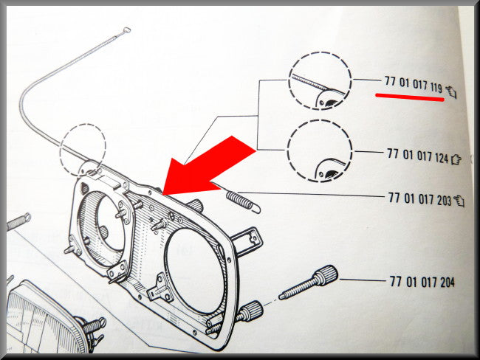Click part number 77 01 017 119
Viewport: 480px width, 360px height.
pyautogui.click(x=414, y=85)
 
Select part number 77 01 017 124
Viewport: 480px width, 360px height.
pyautogui.click(x=417, y=156)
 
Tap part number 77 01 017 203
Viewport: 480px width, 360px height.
pyautogui.click(x=419, y=198)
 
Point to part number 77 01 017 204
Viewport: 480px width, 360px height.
pyautogui.click(x=422, y=282)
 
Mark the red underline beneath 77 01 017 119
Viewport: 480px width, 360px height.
pyautogui.click(x=410, y=97)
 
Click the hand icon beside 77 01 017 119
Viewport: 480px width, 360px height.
pyautogui.click(x=451, y=92)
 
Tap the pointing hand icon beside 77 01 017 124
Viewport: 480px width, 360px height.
pyautogui.click(x=456, y=159)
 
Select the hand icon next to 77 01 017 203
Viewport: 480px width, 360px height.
pyautogui.click(x=459, y=201)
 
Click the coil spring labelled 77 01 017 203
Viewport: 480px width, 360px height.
pyautogui.click(x=244, y=202)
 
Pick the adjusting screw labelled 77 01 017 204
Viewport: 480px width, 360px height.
pyautogui.click(x=308, y=282)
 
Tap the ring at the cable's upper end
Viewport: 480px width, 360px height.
pyautogui.click(x=126, y=30)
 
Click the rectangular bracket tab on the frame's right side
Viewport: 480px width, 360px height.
pyautogui.click(x=247, y=241)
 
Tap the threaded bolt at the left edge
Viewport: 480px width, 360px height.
pyautogui.click(x=18, y=221)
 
